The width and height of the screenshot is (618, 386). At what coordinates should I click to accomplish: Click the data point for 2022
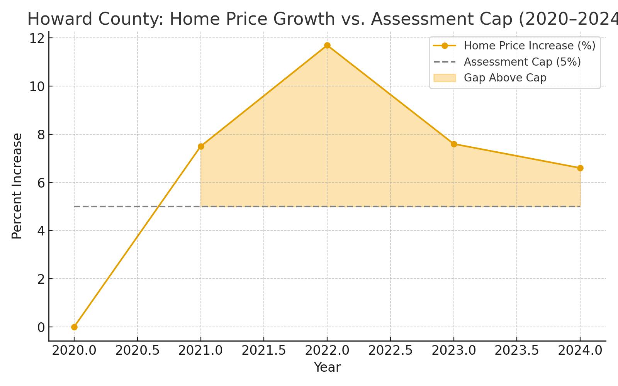coord(327,46)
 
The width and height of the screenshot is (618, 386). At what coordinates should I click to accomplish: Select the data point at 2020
coord(74,327)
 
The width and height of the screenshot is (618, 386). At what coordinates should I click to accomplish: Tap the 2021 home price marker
coord(201,147)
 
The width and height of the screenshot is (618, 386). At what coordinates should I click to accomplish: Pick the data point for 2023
coord(454,144)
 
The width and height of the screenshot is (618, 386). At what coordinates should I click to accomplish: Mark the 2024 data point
coord(580,168)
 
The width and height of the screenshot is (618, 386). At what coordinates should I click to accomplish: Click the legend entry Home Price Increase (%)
coord(529,46)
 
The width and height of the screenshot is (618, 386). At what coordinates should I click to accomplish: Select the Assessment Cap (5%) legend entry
coord(522,62)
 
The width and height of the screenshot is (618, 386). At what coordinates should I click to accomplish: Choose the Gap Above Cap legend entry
coord(505,78)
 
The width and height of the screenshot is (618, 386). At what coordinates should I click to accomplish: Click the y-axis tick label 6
coord(41,183)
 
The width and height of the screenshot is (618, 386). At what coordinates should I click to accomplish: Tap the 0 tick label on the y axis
coord(41,327)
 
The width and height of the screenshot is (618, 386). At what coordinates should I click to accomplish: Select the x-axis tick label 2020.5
coord(138,351)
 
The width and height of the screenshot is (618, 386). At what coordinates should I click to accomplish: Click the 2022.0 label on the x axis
coord(327,351)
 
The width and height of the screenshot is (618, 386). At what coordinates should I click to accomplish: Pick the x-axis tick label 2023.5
coord(517,351)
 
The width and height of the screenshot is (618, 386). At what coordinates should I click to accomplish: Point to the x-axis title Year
coord(327,367)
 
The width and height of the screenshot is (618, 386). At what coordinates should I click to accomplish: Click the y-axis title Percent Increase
coord(17,186)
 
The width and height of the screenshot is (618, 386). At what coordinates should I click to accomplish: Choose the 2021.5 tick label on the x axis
coord(264,351)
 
